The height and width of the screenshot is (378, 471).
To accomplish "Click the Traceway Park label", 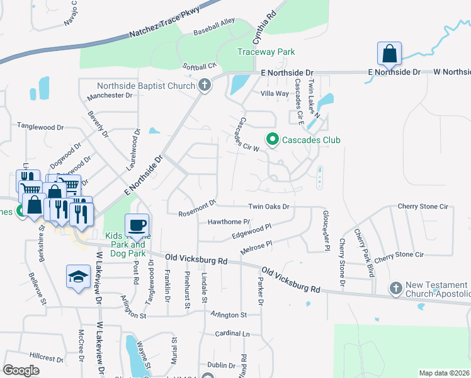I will click(266, 52).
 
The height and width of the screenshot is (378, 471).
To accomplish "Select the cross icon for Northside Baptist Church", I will click(204, 85).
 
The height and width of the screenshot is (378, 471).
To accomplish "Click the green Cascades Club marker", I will click(273, 139).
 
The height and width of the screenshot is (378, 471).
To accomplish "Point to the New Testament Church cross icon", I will click(396, 289).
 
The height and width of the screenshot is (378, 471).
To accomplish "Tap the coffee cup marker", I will click(137, 225).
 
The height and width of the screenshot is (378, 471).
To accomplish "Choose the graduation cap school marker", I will click(78, 276).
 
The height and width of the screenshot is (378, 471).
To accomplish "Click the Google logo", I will click(21, 370).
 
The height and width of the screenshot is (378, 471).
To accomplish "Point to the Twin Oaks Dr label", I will click(268, 207).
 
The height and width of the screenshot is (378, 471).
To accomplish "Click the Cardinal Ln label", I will click(232, 333).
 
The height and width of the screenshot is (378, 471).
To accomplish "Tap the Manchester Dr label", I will click(110, 96).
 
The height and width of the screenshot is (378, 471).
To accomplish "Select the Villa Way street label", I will click(275, 93).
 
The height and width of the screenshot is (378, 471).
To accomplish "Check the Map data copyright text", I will click(445, 373).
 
